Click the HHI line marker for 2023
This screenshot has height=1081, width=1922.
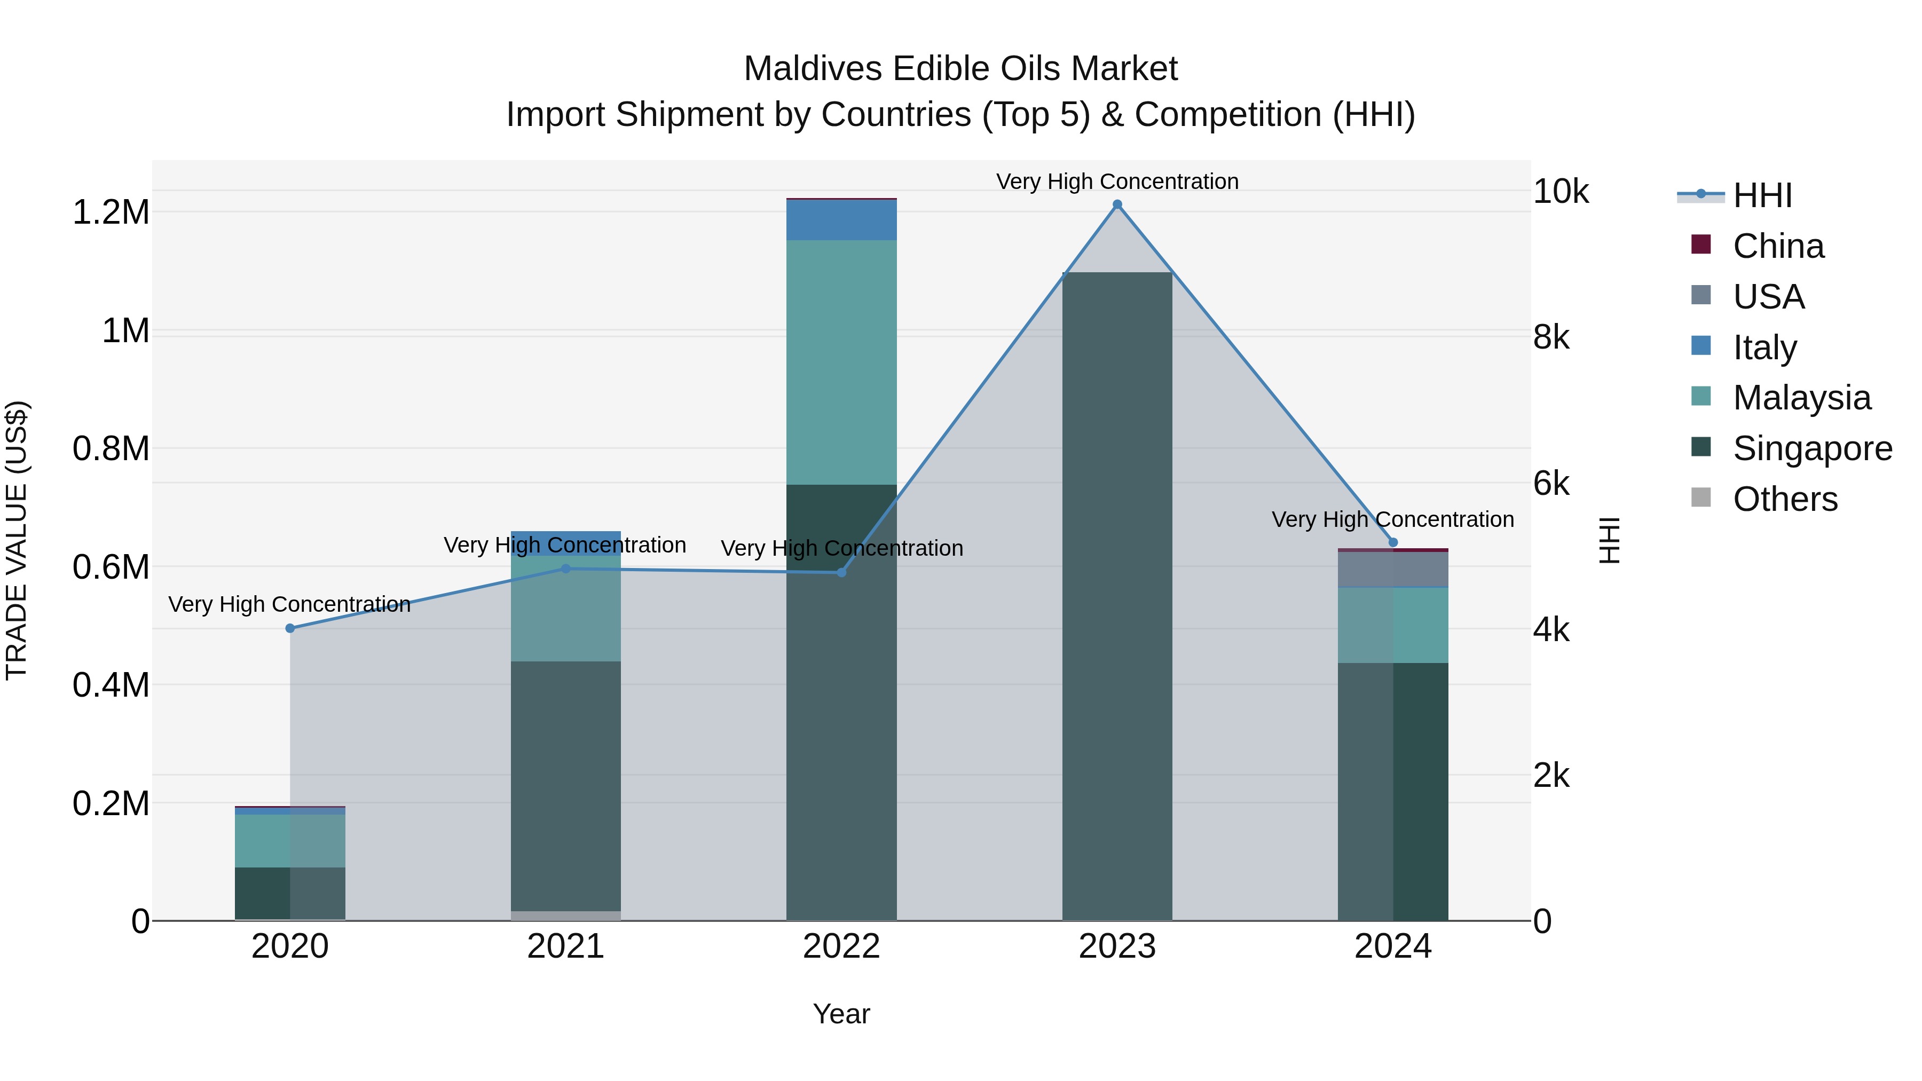[x=1117, y=204]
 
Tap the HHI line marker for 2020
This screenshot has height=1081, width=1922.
[x=290, y=628]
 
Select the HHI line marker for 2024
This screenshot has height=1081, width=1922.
[x=1392, y=542]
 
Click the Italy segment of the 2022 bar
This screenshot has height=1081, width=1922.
[x=841, y=220]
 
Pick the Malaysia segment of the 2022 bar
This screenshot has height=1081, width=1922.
[x=841, y=362]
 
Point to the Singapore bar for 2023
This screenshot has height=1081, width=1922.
[x=1117, y=597]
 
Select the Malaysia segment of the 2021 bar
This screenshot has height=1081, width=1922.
[x=565, y=608]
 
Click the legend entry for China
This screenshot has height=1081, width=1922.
[x=1778, y=246]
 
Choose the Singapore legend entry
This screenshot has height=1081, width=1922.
[x=1811, y=448]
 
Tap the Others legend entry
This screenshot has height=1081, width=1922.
[x=1785, y=499]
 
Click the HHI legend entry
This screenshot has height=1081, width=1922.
[x=1762, y=195]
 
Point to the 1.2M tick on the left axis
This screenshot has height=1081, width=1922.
[x=111, y=212]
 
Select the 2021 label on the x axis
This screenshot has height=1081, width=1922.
[x=565, y=946]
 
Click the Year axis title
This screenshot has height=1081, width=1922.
[x=841, y=1014]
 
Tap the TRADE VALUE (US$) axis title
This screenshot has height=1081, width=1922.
[x=17, y=540]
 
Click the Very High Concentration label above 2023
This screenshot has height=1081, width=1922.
[x=1117, y=182]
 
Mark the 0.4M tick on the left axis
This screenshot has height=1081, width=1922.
[x=111, y=685]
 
